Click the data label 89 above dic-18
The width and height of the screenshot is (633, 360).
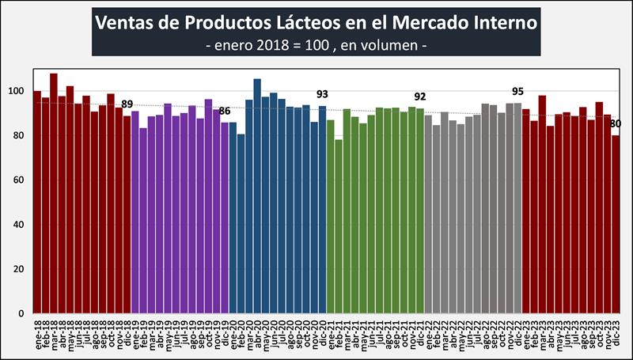(x=127, y=104)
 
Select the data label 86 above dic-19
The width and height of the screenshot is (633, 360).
(x=225, y=111)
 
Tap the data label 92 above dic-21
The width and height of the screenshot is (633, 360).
(x=420, y=97)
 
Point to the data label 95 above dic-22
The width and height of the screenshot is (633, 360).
(x=518, y=91)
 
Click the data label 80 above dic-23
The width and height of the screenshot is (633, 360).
(x=616, y=123)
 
